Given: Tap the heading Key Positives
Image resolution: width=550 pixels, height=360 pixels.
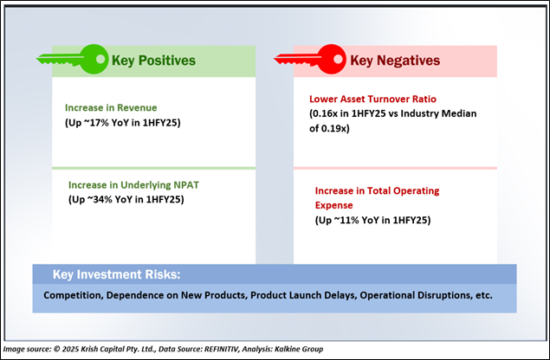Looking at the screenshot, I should click(x=152, y=61).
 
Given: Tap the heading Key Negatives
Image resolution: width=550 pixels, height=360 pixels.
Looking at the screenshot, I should click(x=394, y=61).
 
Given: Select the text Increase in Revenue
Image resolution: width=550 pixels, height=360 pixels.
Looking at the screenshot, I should click(x=110, y=107).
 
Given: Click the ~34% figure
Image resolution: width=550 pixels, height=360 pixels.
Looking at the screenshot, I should click(x=100, y=200).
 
